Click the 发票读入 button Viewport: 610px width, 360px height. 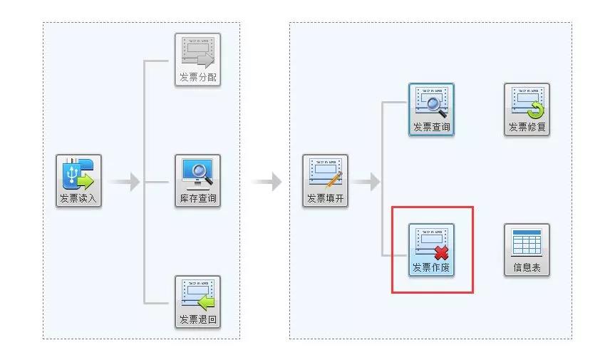[x=79, y=181]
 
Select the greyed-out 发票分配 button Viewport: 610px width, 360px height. [x=197, y=60]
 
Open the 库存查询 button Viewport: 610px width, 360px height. [x=197, y=181]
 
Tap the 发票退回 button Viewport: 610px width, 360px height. [x=197, y=302]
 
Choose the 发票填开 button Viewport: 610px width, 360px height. [x=326, y=181]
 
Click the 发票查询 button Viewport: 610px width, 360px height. [x=431, y=110]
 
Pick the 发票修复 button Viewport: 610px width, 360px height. [x=527, y=110]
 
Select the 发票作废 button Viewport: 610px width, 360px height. [x=431, y=250]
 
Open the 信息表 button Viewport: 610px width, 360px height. [x=527, y=250]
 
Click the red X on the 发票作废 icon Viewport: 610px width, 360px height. [x=442, y=252]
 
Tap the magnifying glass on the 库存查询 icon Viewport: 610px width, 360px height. [x=201, y=171]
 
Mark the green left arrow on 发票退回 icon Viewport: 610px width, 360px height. [x=206, y=302]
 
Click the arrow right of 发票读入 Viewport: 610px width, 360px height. [x=125, y=182]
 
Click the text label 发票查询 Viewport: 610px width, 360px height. [x=431, y=128]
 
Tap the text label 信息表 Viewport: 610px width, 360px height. [x=527, y=268]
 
